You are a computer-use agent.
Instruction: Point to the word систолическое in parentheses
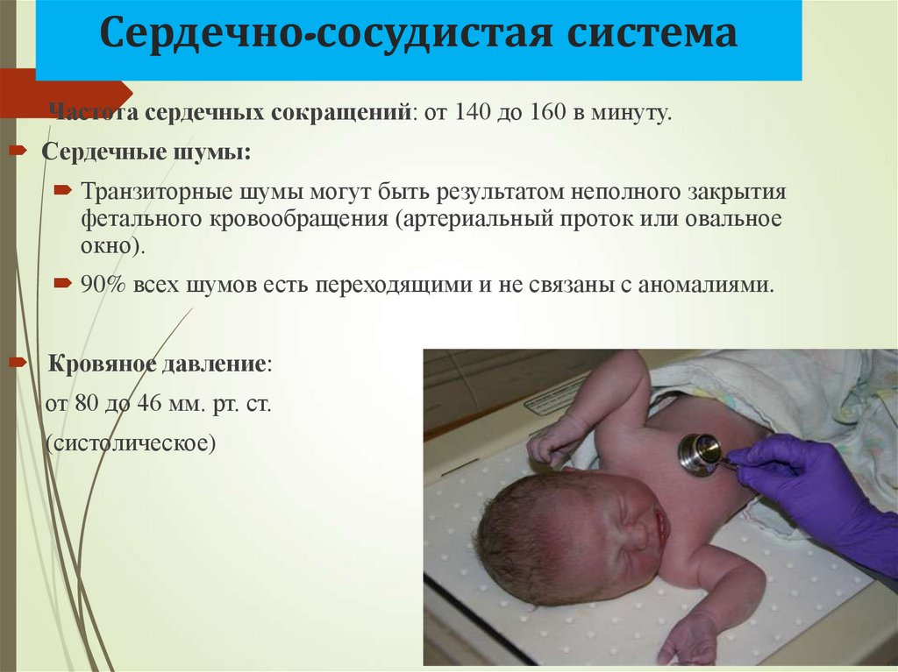tap(131, 443)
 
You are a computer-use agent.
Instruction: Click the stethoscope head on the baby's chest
tap(699, 455)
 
